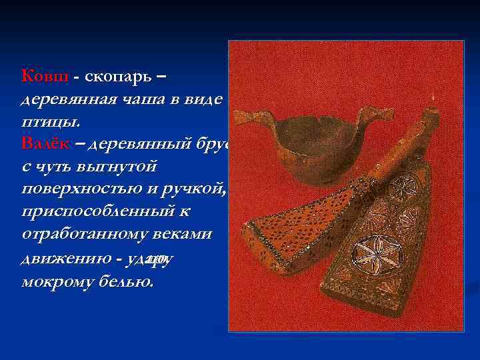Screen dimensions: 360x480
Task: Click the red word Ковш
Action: (x=45, y=77)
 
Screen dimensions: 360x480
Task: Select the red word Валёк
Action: (x=49, y=143)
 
